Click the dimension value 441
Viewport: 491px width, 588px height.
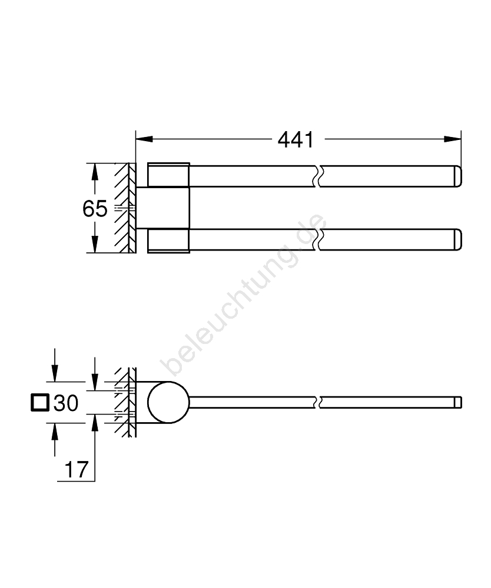[x=296, y=140]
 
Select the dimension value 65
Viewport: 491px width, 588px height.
[x=95, y=209]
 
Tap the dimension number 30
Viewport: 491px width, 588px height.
[x=66, y=403]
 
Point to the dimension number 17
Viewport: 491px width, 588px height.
[x=77, y=469]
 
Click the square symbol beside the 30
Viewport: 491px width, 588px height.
[x=40, y=402]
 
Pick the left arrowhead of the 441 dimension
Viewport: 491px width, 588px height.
[x=144, y=139]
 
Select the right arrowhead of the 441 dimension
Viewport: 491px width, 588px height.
[x=452, y=139]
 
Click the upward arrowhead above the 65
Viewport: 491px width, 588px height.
[x=95, y=172]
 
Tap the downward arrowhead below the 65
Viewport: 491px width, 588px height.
[x=95, y=244]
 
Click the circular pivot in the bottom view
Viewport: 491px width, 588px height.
[x=168, y=402]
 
